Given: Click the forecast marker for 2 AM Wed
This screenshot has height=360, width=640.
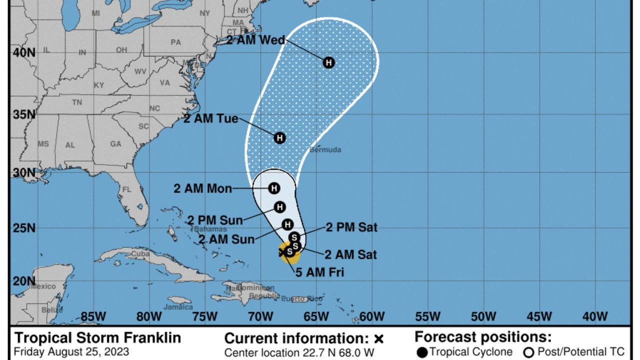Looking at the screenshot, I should (x=328, y=62).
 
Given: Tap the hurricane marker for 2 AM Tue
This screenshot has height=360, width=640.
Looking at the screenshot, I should (x=279, y=137).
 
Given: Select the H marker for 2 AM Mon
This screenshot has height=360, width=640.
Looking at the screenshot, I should (x=273, y=188).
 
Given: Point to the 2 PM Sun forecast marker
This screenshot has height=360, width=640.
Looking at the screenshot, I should (x=279, y=207).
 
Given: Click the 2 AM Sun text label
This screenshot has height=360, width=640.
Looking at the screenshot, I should (x=226, y=239).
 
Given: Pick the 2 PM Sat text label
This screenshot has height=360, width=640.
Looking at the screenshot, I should (x=351, y=227).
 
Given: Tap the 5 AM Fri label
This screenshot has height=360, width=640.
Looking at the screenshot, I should (x=319, y=272).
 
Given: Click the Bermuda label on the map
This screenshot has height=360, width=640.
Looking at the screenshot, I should (x=325, y=149).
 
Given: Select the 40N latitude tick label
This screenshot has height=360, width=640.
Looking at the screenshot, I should (x=24, y=52).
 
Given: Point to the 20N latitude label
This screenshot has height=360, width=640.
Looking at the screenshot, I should (x=24, y=281).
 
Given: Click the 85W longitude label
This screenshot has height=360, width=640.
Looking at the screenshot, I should (x=93, y=316).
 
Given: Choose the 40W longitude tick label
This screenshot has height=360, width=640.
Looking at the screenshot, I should (x=595, y=316).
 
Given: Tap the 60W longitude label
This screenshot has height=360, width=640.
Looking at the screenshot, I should (x=372, y=316).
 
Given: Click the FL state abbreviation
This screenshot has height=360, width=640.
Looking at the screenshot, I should (x=126, y=190).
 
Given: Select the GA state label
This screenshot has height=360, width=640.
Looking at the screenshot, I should (x=115, y=144).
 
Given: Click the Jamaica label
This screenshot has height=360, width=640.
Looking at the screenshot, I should (x=178, y=306).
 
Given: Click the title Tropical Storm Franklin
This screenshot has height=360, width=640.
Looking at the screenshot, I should (x=97, y=337).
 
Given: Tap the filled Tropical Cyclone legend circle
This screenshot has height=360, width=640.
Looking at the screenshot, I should (x=422, y=352).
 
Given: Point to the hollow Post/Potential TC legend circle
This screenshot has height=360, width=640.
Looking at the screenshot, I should (x=528, y=352).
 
